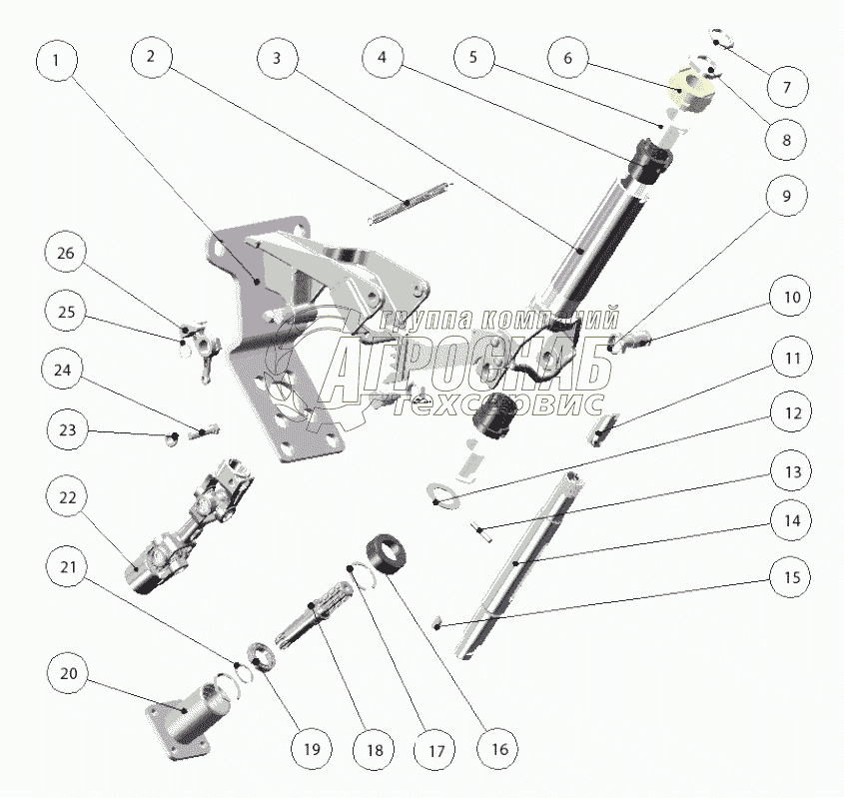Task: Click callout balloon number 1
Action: click(x=56, y=60)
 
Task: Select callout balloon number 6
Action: click(x=568, y=58)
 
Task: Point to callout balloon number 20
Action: click(x=69, y=674)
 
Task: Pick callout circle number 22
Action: click(x=68, y=497)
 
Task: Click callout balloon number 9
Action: click(x=787, y=197)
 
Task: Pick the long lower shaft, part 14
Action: click(x=514, y=564)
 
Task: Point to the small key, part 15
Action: click(x=438, y=624)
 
